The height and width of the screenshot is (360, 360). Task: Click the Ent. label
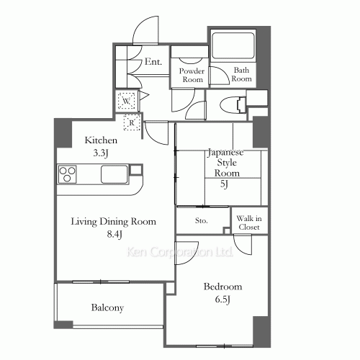[x=153, y=62]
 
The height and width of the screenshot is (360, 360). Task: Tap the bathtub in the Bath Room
[x=233, y=45]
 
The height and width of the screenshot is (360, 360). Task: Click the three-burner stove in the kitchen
[x=68, y=174]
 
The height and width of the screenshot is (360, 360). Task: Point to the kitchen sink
[x=114, y=174]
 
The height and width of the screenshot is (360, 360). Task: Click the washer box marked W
[x=126, y=101]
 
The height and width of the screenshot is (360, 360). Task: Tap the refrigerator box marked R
[x=132, y=122]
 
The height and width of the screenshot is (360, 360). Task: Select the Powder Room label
[x=192, y=75]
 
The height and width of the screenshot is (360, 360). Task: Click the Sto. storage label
[x=201, y=220]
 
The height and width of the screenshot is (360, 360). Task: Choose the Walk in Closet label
[x=249, y=222]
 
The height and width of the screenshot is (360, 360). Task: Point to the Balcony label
[x=107, y=307]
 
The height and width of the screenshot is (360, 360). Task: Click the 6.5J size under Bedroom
[x=222, y=300]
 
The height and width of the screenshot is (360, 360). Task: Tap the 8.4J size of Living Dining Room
[x=114, y=234]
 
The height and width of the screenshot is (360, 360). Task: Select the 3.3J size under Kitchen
[x=101, y=153]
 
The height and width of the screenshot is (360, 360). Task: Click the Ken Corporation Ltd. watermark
[x=179, y=252]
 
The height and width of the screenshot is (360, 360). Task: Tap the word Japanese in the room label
[x=225, y=153]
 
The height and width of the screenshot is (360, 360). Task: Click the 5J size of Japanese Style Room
[x=224, y=184]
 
